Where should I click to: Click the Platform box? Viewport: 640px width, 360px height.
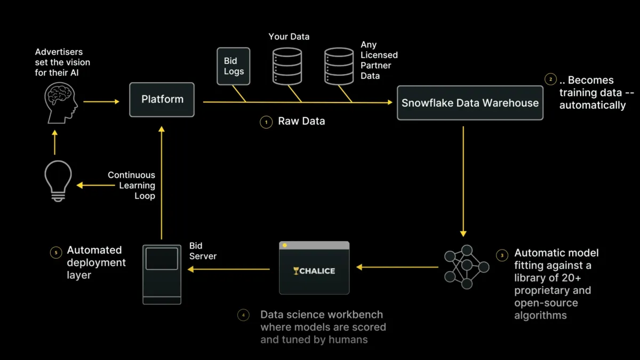162,100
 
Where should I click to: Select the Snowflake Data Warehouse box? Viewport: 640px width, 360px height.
470,103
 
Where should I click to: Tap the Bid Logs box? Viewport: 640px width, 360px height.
234,66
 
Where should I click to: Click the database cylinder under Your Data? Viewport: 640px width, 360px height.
287,66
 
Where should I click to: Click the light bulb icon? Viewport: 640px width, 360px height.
58,182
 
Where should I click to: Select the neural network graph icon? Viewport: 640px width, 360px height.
467,267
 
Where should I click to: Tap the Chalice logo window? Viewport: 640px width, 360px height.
314,268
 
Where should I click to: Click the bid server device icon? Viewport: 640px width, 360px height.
162,274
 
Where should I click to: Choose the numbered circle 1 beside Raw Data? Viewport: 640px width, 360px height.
266,122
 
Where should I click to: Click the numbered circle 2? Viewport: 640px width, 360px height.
550,80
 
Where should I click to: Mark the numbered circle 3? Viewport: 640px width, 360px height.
502,255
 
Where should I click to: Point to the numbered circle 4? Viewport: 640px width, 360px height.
243,315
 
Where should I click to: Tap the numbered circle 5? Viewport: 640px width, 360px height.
55,252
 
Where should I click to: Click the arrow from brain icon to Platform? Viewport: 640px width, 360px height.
101,101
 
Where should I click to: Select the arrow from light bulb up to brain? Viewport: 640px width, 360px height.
54,142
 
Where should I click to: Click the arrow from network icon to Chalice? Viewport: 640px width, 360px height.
397,267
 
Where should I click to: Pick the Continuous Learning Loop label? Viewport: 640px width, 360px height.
132,185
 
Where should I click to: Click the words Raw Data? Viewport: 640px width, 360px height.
301,122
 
